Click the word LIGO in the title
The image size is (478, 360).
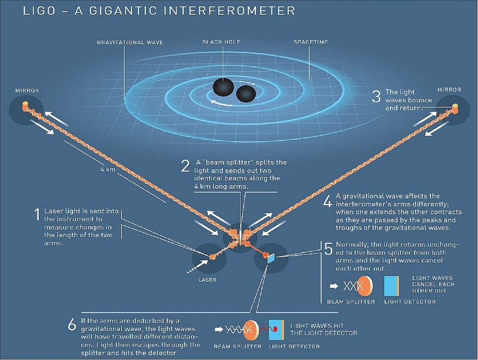(x=39, y=10)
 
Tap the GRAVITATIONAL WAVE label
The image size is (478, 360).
(x=130, y=42)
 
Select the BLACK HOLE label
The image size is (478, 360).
(x=221, y=42)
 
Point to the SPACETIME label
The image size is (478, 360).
(x=311, y=42)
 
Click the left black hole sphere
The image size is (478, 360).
(x=223, y=86)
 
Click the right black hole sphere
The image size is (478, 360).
(x=246, y=94)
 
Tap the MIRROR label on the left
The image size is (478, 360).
(x=27, y=90)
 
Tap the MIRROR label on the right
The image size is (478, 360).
(x=449, y=90)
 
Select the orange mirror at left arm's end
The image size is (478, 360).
(x=25, y=106)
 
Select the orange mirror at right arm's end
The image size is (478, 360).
(x=455, y=108)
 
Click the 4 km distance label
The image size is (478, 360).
(x=108, y=169)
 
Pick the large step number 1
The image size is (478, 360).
(x=37, y=214)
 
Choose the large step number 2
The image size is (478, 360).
(x=185, y=166)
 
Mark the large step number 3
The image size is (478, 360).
(x=376, y=96)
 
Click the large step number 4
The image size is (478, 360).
(x=327, y=201)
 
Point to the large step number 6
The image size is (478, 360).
(x=72, y=324)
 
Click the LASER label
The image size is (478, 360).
(x=207, y=280)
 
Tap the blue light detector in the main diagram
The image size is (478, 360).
(x=271, y=259)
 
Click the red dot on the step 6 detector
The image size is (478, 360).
(x=275, y=329)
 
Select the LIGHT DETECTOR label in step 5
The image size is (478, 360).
(x=410, y=301)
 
